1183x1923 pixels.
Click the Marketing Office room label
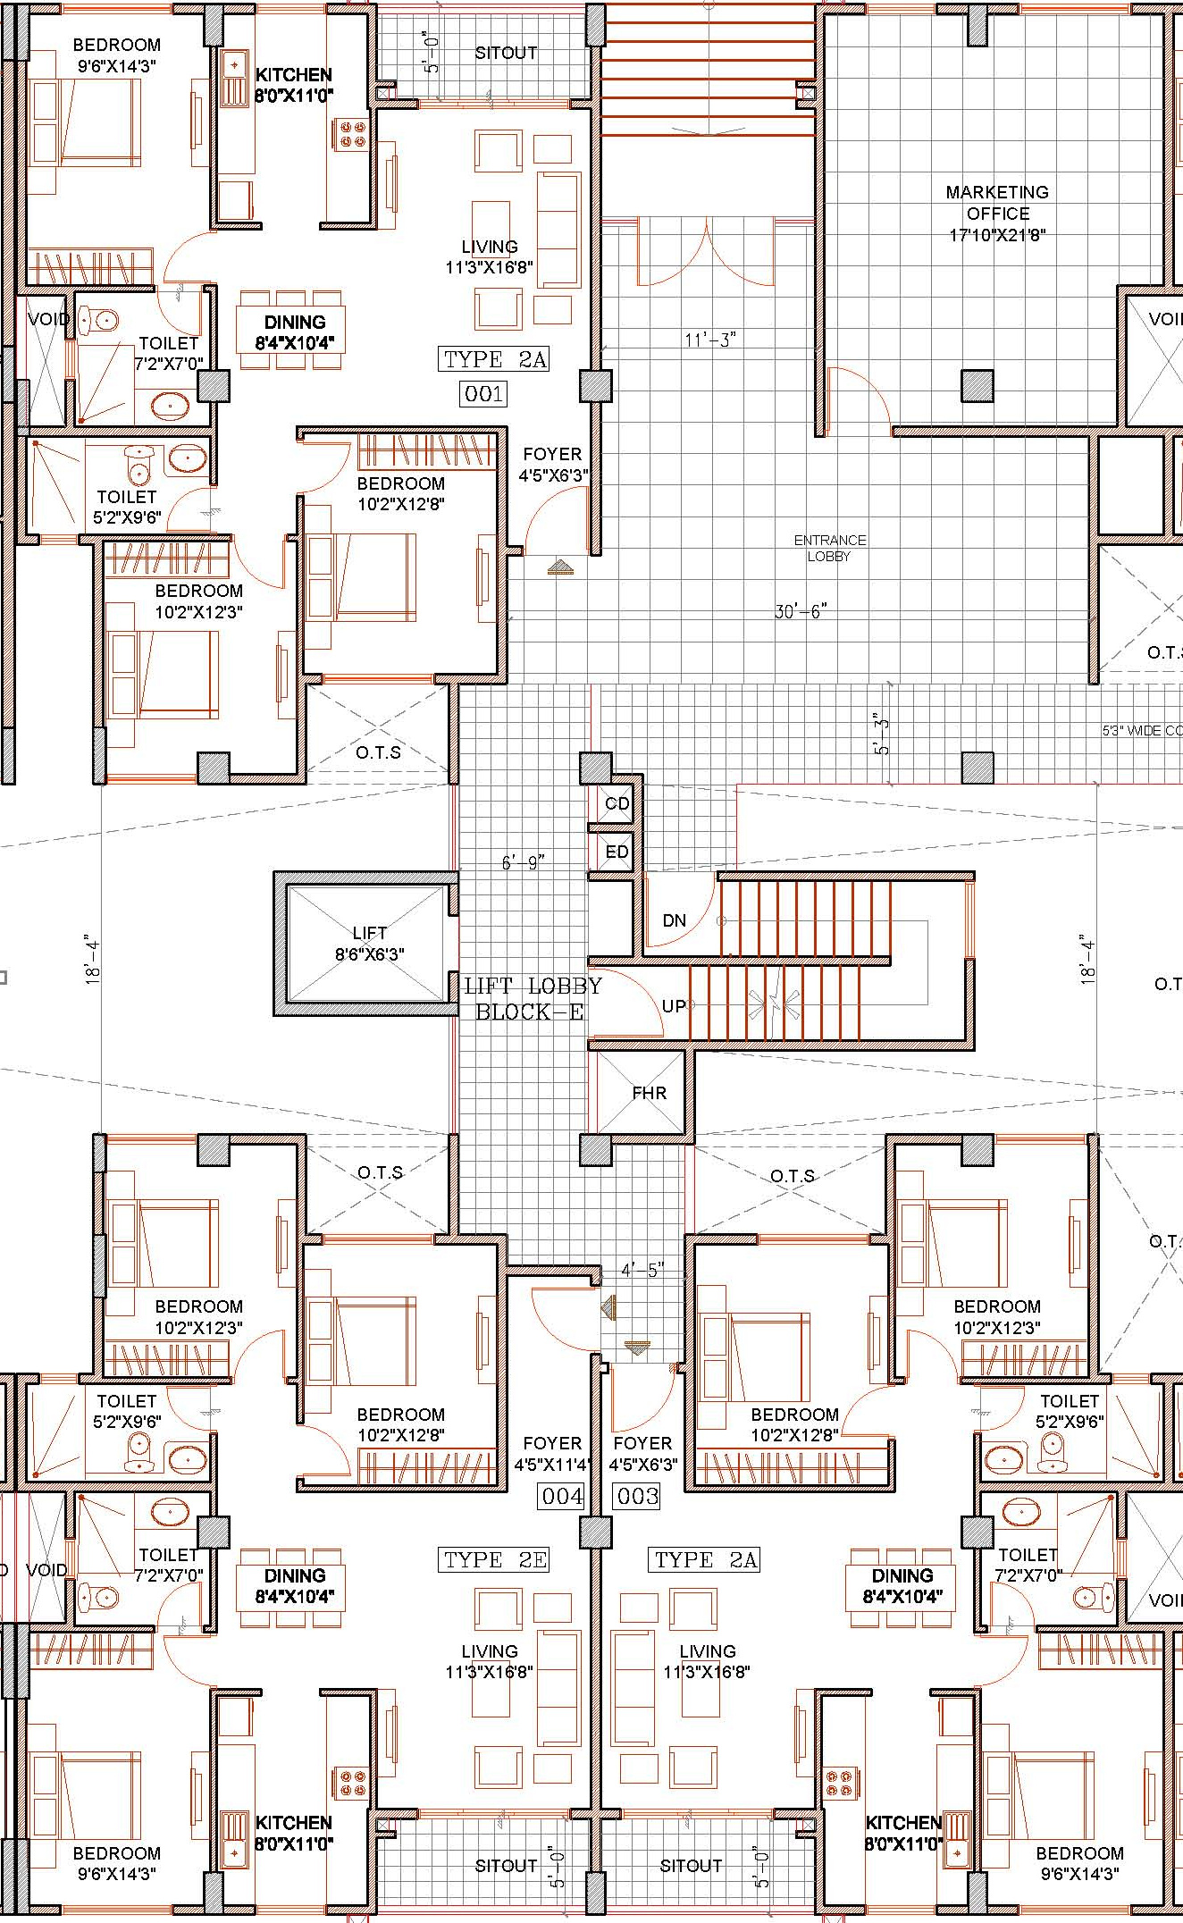(x=997, y=214)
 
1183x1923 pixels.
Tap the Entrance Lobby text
(x=830, y=548)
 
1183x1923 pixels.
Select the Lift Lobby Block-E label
(x=533, y=998)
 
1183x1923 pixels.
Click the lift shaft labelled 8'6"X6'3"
(x=369, y=944)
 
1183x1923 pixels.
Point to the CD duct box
(x=617, y=803)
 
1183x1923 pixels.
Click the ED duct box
(x=617, y=852)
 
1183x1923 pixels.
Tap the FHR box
(x=649, y=1093)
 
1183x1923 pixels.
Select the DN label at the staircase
(x=675, y=920)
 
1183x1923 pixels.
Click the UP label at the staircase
(x=674, y=1006)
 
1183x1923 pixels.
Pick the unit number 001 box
(x=483, y=393)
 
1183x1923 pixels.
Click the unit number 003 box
(x=637, y=1496)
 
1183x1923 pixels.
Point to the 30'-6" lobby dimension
(x=801, y=612)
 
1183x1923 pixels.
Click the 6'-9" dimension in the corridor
(x=523, y=862)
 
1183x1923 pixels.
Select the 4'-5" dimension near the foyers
(x=642, y=1270)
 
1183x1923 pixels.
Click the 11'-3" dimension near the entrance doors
(x=710, y=340)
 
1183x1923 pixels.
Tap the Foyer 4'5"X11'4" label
(x=552, y=1454)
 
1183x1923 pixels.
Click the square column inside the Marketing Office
(x=977, y=386)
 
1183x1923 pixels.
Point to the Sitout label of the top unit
(x=506, y=54)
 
